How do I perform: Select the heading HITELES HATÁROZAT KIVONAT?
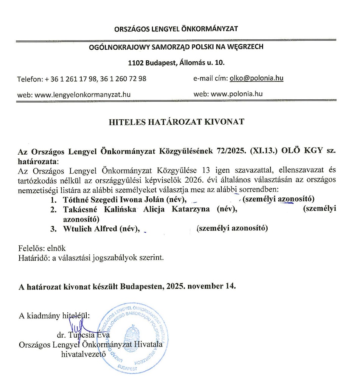click(176, 122)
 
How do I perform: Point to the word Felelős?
click(30, 249)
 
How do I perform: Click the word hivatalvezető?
click(83, 354)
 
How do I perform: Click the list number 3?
click(53, 229)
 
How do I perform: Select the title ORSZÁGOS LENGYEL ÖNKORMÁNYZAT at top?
click(176, 29)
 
